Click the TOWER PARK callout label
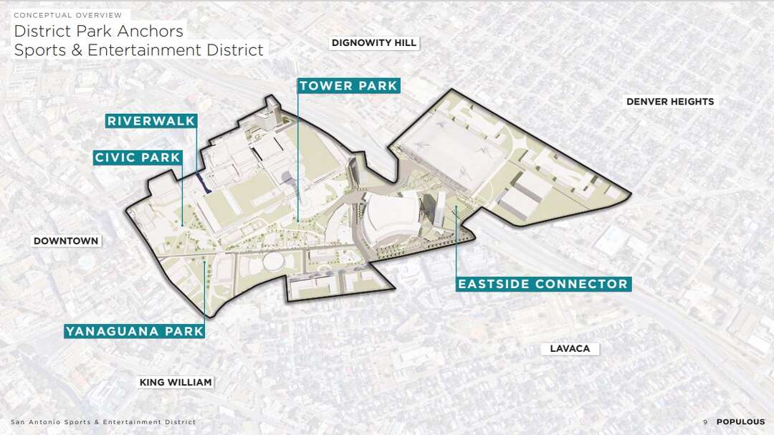click(x=348, y=86)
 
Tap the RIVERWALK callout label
click(x=151, y=121)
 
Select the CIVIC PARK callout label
click(x=138, y=158)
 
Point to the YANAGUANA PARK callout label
click(x=135, y=331)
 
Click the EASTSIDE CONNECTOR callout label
click(x=543, y=285)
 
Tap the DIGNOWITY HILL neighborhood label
click(x=373, y=43)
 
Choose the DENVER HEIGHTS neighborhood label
click(x=670, y=102)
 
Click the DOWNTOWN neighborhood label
click(x=66, y=241)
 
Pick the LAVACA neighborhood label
click(x=570, y=349)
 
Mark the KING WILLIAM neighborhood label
click(x=176, y=383)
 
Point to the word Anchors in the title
click(x=148, y=32)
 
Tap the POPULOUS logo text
click(x=740, y=422)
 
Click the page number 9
click(x=705, y=422)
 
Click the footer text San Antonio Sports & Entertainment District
click(x=102, y=422)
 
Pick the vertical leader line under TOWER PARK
click(x=297, y=158)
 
